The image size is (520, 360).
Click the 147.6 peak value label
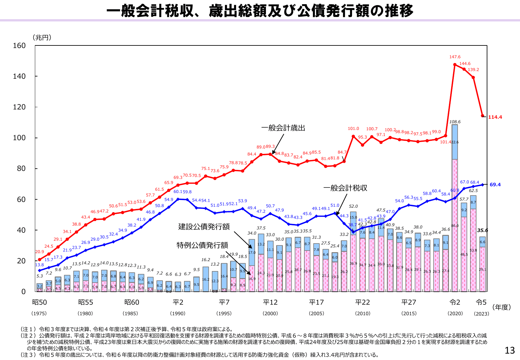[455, 57]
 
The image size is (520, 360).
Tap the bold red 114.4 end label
[495, 117]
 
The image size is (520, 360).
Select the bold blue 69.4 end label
[495, 185]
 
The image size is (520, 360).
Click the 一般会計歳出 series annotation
[283, 128]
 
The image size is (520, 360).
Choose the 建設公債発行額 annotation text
[204, 227]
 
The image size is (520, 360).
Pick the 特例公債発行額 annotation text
[202, 245]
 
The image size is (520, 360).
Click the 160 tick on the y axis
[19, 46]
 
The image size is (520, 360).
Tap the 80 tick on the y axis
[21, 169]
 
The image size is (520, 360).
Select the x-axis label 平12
[270, 302]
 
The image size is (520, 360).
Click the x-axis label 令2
[455, 302]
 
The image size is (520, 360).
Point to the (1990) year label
[178, 314]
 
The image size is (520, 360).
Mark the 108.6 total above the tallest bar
[455, 122]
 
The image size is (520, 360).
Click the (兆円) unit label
[42, 37]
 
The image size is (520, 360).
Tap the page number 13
[509, 350]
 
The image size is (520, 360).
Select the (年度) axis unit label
[501, 307]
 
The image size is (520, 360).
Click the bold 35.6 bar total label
[483, 230]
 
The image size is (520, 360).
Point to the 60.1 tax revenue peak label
[178, 192]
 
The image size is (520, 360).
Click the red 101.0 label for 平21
[353, 129]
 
